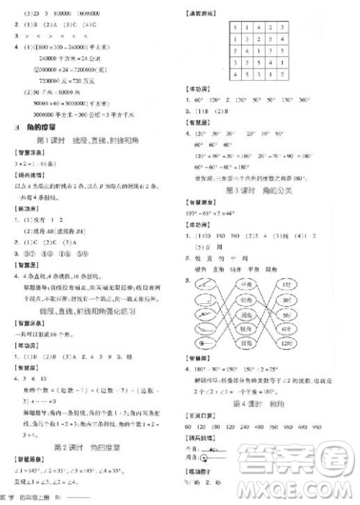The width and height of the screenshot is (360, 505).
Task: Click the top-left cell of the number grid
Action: [x=235, y=27]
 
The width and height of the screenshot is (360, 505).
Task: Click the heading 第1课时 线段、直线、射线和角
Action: [x=92, y=139]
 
